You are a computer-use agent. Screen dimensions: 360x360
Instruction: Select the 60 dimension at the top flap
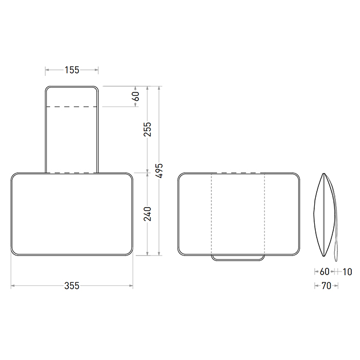[x=136, y=96]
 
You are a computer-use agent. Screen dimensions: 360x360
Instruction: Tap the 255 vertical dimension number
[x=148, y=130]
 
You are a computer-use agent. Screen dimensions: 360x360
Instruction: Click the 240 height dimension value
[x=148, y=214]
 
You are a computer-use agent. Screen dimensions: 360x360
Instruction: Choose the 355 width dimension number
[x=72, y=285]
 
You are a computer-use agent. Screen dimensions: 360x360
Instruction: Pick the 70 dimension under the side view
[x=326, y=285]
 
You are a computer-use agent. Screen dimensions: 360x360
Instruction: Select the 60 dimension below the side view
[x=324, y=271]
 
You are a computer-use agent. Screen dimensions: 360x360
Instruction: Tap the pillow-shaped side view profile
[x=323, y=215]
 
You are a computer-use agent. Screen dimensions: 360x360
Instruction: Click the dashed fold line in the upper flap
[x=72, y=106]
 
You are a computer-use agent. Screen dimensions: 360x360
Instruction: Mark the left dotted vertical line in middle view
[x=211, y=216]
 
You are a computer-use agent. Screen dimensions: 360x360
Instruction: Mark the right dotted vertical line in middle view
[x=264, y=216]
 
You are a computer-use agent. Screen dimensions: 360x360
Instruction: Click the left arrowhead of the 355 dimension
[x=13, y=285]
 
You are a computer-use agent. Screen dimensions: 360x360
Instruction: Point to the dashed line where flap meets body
[x=72, y=173]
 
